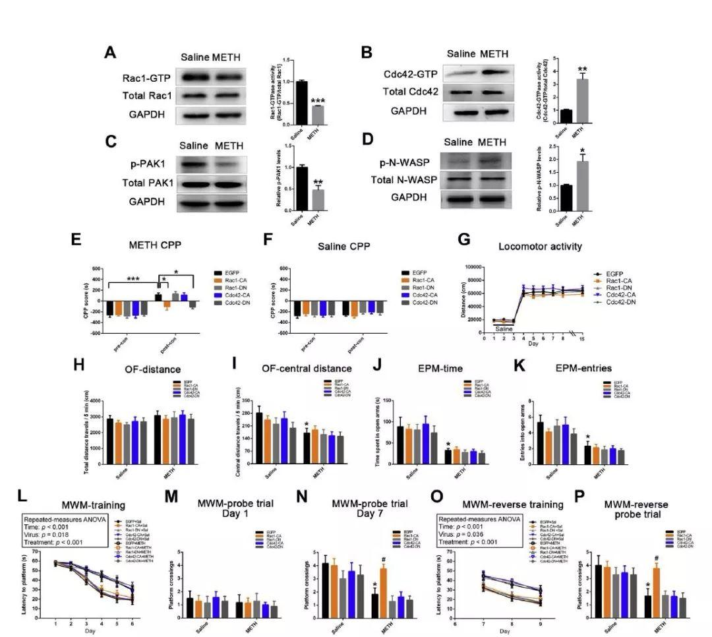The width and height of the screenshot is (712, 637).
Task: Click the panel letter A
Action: [x=111, y=53]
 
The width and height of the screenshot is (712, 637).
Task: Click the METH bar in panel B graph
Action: [x=581, y=101]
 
